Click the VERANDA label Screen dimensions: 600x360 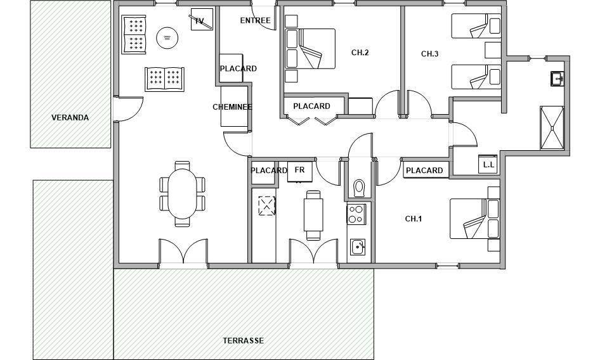[x=70, y=117]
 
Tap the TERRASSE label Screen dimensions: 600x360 [x=244, y=340]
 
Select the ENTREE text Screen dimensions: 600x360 [x=255, y=20]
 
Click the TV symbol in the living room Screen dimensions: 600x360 [x=202, y=20]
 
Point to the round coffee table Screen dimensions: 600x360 [x=167, y=37]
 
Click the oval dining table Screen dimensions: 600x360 [x=182, y=194]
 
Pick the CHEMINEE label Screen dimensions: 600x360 [x=232, y=106]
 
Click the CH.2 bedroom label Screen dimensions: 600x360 [x=360, y=53]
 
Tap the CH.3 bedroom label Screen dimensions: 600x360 [x=430, y=54]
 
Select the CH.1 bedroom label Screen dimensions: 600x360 [x=414, y=219]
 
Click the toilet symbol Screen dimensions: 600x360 [x=359, y=188]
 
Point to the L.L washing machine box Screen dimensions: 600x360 [x=488, y=164]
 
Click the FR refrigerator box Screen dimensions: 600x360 [x=300, y=172]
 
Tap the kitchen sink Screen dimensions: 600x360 [x=358, y=247]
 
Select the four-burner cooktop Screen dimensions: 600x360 [x=356, y=214]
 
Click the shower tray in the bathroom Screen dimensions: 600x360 [x=552, y=128]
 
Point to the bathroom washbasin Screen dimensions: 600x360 [x=557, y=79]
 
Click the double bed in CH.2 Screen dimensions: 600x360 [x=310, y=49]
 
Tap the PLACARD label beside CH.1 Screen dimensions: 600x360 [x=424, y=170]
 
